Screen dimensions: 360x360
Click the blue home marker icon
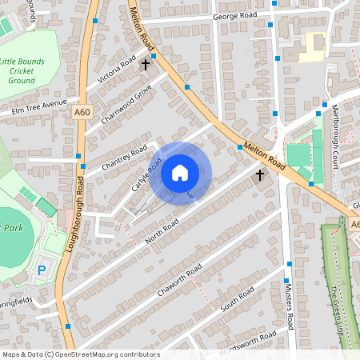click(180, 173)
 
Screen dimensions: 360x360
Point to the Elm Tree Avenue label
click(33, 106)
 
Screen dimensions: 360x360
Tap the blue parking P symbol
click(42, 272)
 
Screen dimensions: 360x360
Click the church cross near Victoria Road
click(146, 63)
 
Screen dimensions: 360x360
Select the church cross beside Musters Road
click(259, 174)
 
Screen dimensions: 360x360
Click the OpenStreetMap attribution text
click(80, 354)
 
